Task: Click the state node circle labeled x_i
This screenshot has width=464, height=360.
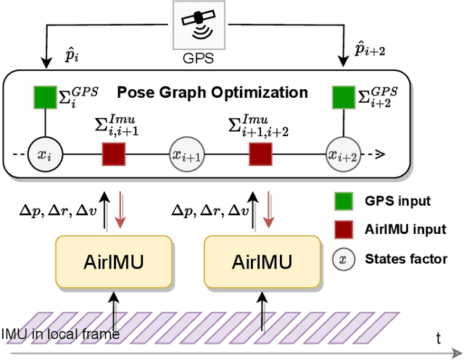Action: pyautogui.click(x=45, y=154)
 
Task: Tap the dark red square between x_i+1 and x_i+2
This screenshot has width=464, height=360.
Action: pyautogui.click(x=260, y=154)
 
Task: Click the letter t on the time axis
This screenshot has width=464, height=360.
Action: pyautogui.click(x=438, y=337)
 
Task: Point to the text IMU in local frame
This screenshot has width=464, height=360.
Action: pyautogui.click(x=60, y=333)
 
